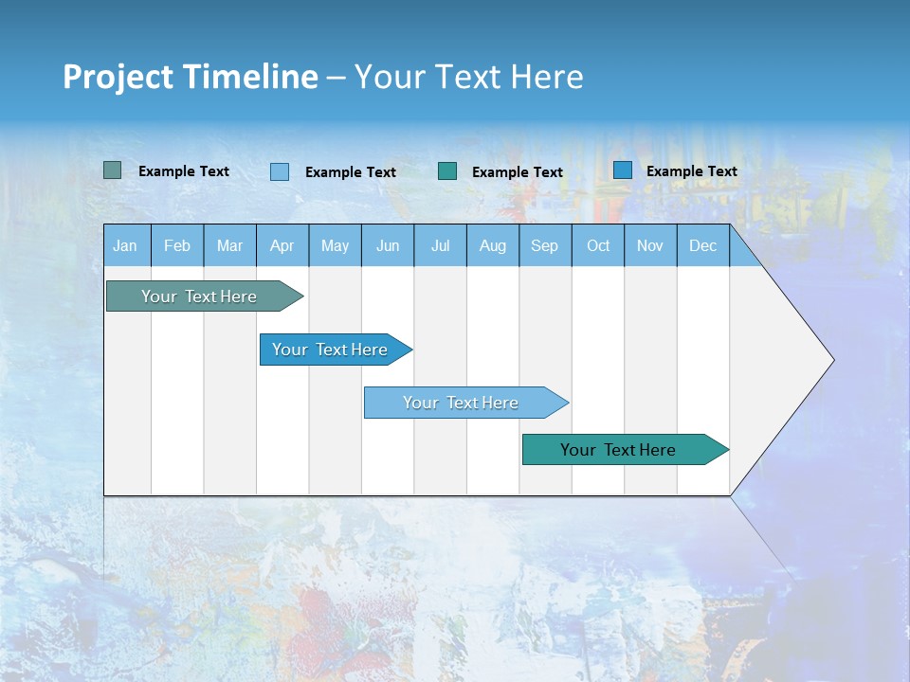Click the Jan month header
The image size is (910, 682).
125,245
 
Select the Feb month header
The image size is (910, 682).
177,245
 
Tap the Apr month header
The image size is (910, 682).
282,245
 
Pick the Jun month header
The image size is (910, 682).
388,245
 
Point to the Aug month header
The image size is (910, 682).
492,245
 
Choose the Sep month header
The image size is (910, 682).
544,245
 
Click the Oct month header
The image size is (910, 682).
598,245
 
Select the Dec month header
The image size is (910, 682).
702,245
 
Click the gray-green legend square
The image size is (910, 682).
112,170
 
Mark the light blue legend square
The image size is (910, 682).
279,171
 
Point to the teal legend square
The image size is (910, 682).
447,170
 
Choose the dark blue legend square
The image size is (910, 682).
622,170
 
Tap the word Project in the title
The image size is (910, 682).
118,77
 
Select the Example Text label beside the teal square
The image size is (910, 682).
517,171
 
